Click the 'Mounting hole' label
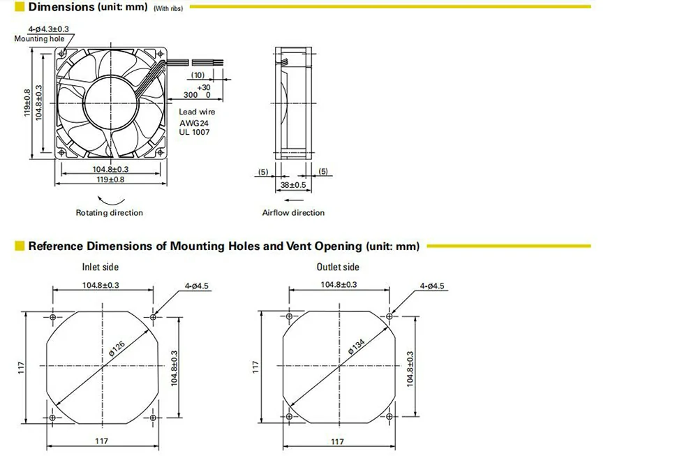pos(39,38)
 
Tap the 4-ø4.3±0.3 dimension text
pos(49,29)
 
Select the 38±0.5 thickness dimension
pos(293,185)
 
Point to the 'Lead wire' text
pos(197,112)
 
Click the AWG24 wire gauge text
pos(193,123)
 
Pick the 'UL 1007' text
pos(194,132)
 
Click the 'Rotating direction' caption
pos(109,213)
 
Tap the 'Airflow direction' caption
pos(293,213)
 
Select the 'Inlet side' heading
pos(100,267)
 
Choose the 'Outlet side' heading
pos(337,267)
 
